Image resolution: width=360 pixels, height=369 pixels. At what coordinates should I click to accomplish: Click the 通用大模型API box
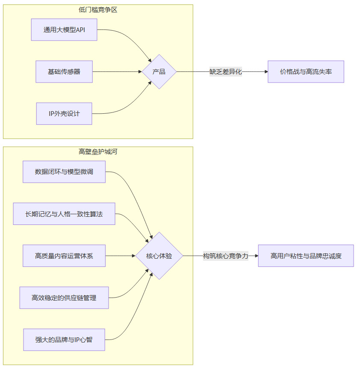64,30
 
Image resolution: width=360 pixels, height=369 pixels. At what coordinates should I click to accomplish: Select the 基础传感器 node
64,71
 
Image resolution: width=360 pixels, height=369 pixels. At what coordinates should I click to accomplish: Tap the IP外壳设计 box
64,113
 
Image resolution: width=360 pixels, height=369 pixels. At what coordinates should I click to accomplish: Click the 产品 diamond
159,71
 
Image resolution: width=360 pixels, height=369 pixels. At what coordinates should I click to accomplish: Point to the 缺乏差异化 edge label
225,71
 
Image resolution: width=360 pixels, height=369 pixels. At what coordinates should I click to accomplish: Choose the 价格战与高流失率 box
306,71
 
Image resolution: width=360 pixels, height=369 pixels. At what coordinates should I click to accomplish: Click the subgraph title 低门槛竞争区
98,9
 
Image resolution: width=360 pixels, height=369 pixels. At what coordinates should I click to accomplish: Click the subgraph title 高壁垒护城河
98,151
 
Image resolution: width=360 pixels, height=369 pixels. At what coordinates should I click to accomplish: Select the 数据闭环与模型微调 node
64,172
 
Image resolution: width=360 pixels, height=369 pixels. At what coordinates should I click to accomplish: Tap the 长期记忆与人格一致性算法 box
64,214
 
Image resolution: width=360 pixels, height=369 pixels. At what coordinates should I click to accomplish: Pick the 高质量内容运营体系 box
64,256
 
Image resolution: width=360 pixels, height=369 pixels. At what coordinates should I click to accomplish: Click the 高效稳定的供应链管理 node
64,298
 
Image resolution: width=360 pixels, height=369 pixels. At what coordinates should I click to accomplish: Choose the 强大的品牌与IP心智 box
64,339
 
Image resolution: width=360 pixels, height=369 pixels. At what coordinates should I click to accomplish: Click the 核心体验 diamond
159,256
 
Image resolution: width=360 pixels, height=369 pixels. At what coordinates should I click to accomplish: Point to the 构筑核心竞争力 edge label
225,256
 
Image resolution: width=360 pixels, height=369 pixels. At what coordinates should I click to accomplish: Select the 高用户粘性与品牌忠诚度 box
306,256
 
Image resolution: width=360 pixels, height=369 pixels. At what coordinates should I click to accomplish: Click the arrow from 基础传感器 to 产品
118,71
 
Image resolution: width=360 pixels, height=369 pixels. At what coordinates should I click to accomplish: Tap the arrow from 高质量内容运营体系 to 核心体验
120,256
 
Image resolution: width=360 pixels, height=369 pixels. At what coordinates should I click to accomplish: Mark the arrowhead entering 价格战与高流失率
266,71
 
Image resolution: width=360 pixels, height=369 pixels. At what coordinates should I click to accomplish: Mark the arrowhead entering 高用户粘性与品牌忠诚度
256,256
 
